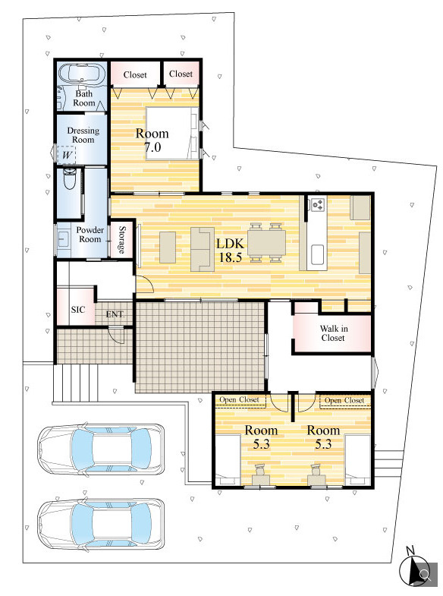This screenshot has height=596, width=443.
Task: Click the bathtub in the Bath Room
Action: coord(83,74)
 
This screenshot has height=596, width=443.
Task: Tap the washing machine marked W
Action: coord(67,155)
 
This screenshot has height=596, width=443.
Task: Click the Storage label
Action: coord(122,239)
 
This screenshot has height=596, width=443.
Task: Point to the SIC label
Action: coord(78,310)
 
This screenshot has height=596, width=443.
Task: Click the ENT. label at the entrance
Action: coord(115,314)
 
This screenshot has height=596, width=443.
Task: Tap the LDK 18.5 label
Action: coord(231,251)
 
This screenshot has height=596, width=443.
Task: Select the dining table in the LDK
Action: coord(266,242)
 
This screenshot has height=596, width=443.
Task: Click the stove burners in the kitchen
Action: coord(318,205)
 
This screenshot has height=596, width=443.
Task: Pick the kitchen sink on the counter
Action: coord(317,254)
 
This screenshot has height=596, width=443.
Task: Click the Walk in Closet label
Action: coord(333,333)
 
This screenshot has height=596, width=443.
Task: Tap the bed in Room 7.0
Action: coord(173,133)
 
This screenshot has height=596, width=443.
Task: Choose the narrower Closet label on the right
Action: coord(181,74)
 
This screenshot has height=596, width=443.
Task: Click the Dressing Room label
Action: coord(83,135)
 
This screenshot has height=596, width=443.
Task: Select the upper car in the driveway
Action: coord(102,449)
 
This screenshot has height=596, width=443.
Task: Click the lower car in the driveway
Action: coord(102,524)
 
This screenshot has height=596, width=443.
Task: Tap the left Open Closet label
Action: coord(239,399)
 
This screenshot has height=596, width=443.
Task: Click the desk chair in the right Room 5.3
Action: coord(316,470)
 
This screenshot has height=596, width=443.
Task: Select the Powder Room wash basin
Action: coord(62,238)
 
